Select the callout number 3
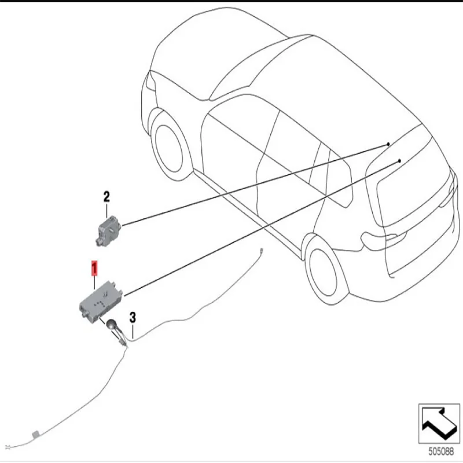tap(133, 317)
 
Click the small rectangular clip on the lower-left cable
tap(35, 433)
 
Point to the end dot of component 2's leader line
tap(389, 143)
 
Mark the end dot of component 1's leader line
tap(400, 159)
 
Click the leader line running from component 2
tap(255, 184)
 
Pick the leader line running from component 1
tap(260, 226)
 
